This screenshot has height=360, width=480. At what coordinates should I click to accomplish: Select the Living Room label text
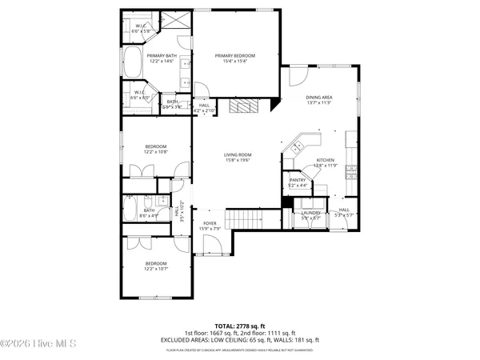[238, 155]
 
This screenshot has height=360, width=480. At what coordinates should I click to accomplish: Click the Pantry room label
[298, 181]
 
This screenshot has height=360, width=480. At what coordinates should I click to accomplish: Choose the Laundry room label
[310, 213]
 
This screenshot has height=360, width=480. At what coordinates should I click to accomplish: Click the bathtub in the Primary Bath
[131, 60]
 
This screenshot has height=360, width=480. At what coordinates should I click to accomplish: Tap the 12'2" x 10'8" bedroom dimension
[155, 151]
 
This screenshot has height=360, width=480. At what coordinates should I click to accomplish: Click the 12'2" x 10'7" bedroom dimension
[155, 268]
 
